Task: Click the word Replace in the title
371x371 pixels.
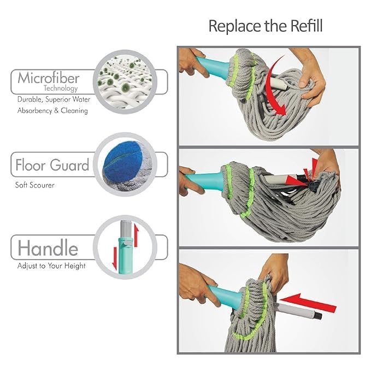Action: (x=229, y=26)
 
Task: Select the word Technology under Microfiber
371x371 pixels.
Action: (x=61, y=88)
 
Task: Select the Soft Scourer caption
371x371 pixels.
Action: (x=35, y=185)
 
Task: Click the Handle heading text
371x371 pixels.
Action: (x=48, y=248)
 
